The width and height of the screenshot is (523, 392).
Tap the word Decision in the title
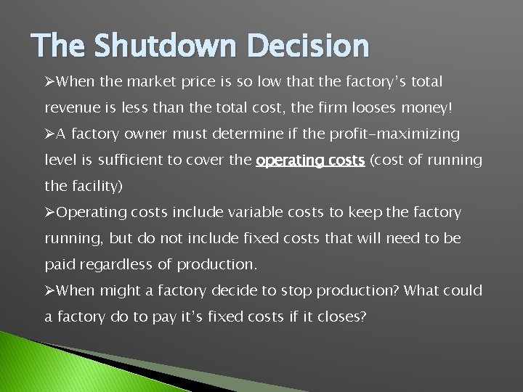coord(308,46)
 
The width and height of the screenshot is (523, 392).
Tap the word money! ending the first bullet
coord(429,107)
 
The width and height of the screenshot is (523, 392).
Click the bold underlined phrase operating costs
coord(310,160)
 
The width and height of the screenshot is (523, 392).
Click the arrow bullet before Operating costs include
coord(49,213)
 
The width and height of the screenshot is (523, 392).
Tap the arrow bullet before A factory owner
coord(49,134)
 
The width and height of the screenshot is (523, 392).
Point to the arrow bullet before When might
coord(49,291)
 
